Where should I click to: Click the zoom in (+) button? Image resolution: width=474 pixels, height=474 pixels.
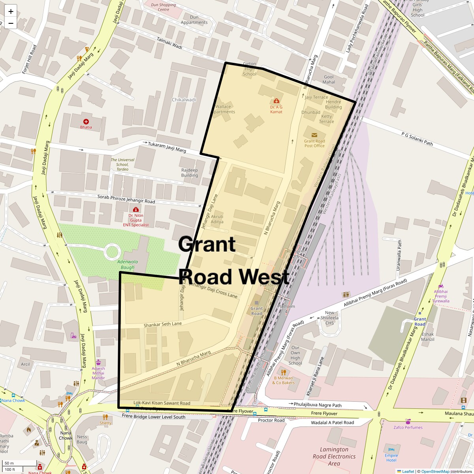(x=11, y=11)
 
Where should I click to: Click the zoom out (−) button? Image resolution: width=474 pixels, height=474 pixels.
(x=11, y=23)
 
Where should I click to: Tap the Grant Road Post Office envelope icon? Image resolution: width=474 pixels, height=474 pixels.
(x=314, y=135)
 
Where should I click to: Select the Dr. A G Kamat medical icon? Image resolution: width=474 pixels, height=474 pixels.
(x=276, y=101)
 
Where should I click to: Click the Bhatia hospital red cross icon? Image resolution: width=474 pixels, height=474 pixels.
(x=86, y=121)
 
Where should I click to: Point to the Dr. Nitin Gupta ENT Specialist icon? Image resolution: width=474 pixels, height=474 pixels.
(x=136, y=209)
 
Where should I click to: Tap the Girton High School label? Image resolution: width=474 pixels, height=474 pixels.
(x=249, y=69)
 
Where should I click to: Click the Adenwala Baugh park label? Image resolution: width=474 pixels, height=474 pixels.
(x=128, y=264)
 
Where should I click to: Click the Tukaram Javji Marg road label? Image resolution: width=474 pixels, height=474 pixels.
(x=167, y=147)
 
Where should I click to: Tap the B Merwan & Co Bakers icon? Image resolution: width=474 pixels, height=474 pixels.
(x=283, y=372)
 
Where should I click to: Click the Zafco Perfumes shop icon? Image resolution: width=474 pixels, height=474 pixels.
(x=408, y=421)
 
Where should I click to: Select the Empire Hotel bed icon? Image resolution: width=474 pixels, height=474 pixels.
(x=391, y=450)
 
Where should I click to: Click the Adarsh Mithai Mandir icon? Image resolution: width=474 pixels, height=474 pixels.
(x=98, y=362)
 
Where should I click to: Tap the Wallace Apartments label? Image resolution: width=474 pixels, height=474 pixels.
(x=224, y=109)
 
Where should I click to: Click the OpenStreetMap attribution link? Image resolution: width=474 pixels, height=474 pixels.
(x=435, y=471)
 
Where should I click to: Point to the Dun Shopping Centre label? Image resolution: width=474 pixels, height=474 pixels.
(x=164, y=7)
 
